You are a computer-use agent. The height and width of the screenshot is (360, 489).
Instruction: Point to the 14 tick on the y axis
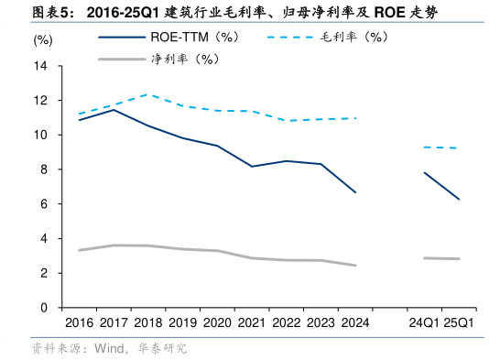[x=42, y=66]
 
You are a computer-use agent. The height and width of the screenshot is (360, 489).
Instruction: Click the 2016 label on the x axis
[x=80, y=323]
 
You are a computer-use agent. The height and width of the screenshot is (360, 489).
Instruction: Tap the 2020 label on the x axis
[x=216, y=323]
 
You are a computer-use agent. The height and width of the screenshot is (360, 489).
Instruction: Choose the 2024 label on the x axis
[x=354, y=323]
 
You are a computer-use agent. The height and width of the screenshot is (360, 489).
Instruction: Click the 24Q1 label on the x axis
[x=423, y=323]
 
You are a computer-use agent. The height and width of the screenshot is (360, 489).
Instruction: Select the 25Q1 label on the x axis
[x=458, y=323]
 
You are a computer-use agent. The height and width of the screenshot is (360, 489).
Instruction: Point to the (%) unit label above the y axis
[x=43, y=40]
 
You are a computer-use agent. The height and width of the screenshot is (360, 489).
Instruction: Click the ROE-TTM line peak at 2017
[x=114, y=109]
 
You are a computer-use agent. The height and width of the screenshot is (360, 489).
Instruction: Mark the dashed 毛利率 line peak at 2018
[x=148, y=94]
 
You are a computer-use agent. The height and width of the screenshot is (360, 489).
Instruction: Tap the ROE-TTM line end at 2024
[x=354, y=192]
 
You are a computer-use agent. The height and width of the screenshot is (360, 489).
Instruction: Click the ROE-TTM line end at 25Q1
[x=459, y=199]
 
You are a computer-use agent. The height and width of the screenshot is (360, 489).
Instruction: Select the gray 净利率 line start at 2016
[x=80, y=250]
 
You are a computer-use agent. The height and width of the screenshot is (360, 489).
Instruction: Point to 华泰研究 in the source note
[x=162, y=348]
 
